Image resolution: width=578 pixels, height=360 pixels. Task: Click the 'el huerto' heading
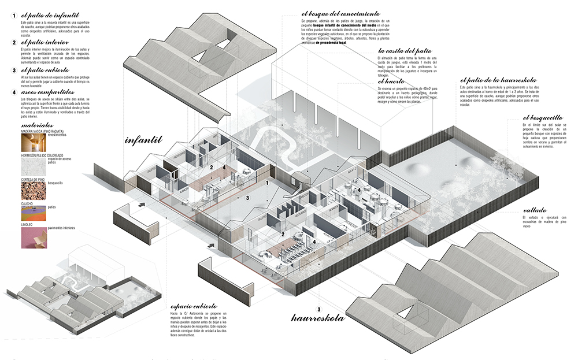click(390, 81)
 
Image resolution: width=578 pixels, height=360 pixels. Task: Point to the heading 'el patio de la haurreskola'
click(498, 79)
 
